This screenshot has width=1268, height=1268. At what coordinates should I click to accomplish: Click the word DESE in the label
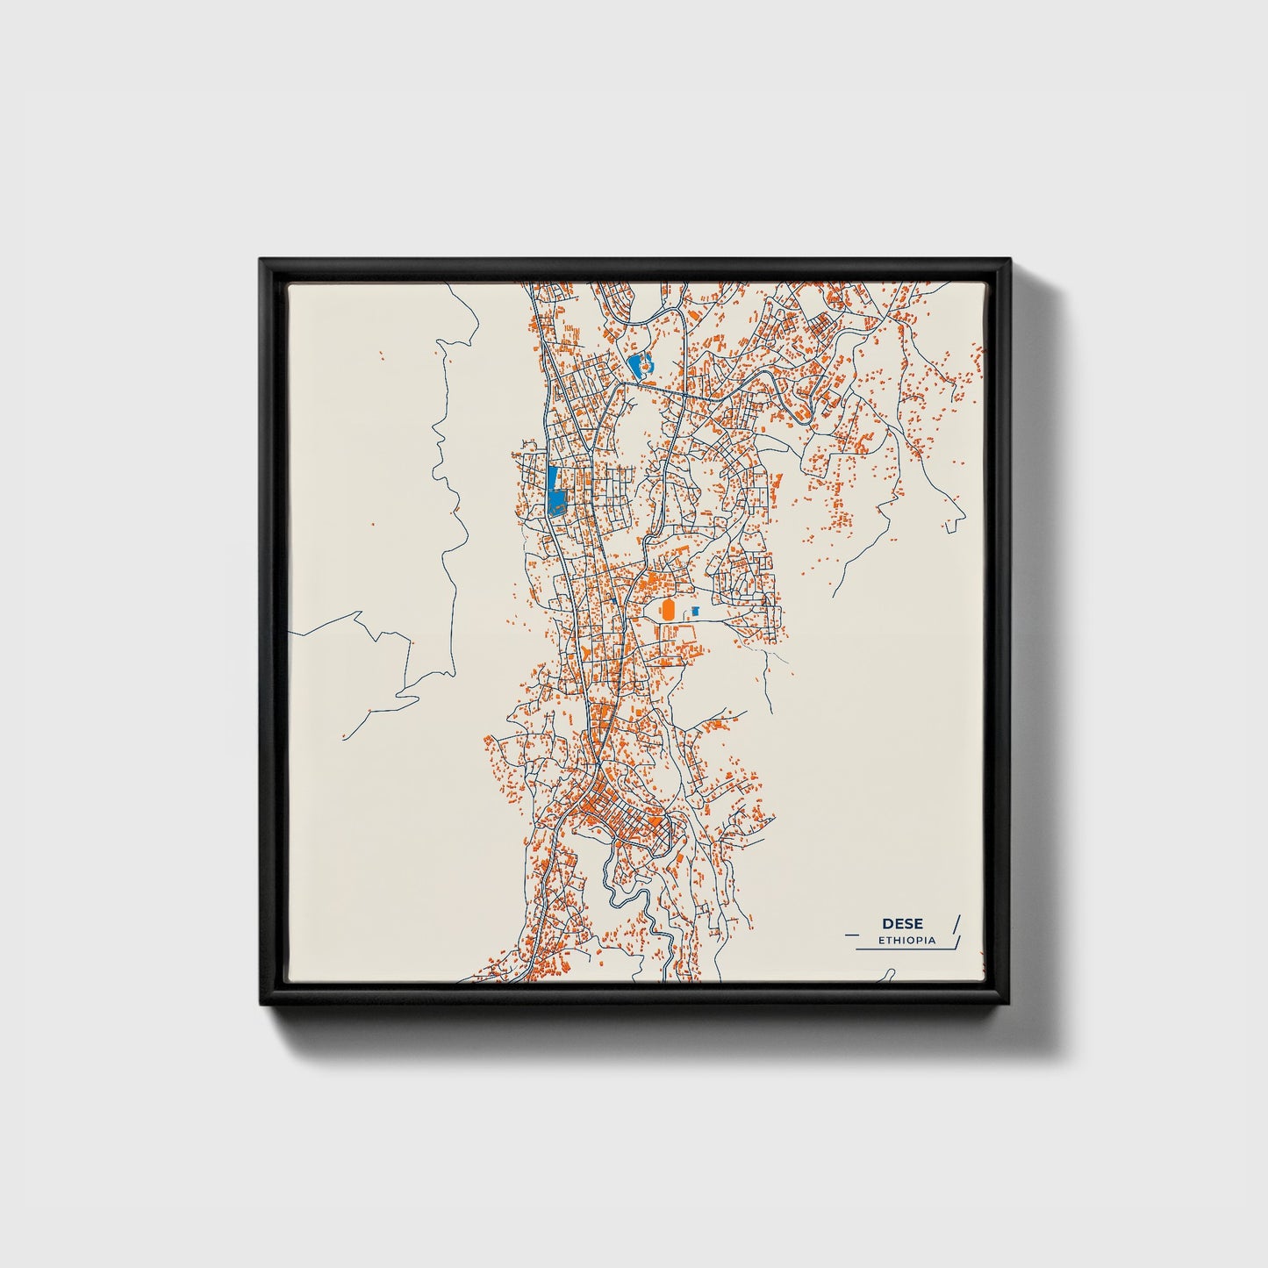(x=902, y=924)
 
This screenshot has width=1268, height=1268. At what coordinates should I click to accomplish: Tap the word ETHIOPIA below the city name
(x=906, y=941)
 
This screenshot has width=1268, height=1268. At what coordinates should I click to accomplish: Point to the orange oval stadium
(x=668, y=610)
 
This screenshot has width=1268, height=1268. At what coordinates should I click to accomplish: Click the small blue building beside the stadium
(x=696, y=610)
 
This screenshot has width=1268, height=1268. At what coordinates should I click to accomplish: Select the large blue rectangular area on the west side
(x=555, y=491)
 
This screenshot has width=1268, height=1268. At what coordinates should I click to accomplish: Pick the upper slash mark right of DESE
(x=956, y=922)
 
